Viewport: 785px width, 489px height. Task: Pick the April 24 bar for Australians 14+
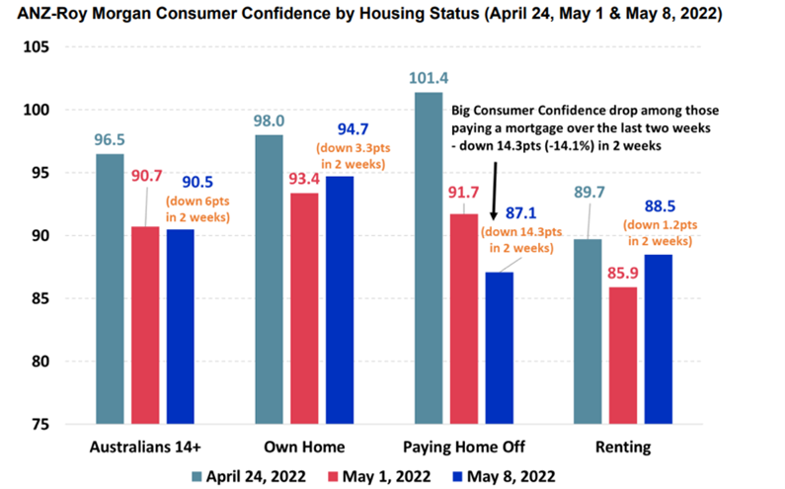pos(110,288)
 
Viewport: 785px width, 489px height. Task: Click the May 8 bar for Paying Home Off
pos(500,348)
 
